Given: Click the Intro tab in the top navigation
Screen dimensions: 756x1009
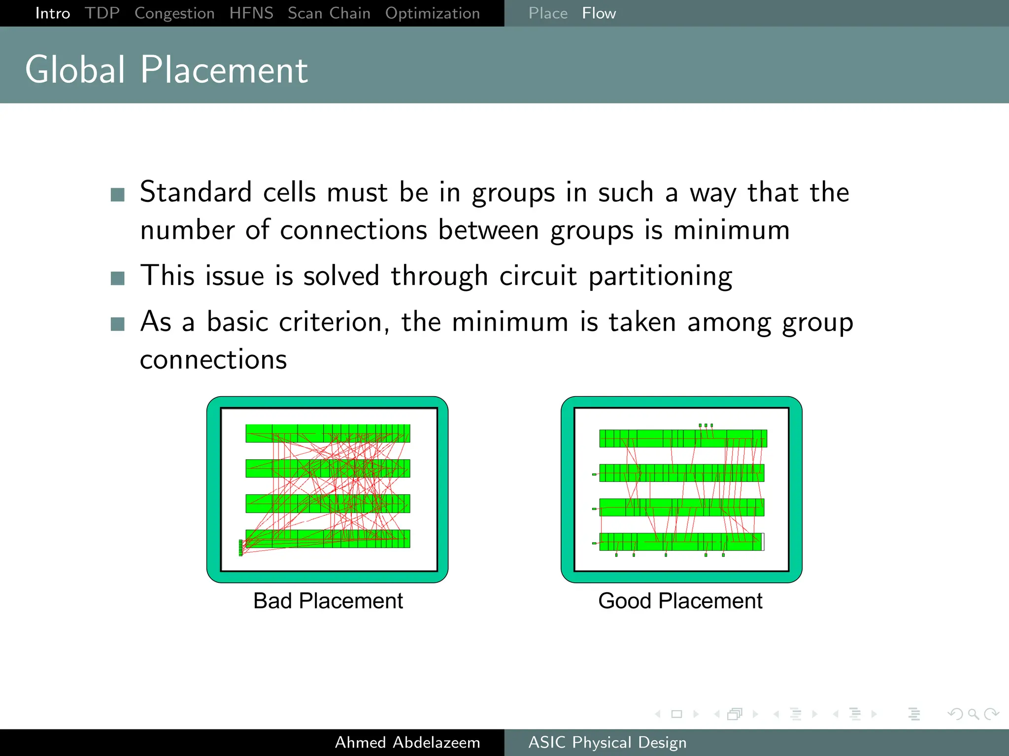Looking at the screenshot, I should (53, 13).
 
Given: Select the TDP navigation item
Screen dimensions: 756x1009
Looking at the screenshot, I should (102, 13).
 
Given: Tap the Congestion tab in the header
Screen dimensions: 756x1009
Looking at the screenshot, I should (174, 13).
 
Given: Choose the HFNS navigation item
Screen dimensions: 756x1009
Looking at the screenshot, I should (251, 13).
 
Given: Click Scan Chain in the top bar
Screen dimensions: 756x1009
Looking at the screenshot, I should (329, 13).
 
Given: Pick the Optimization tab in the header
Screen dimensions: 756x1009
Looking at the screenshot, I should (433, 13).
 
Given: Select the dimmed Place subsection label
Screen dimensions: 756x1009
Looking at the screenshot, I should (548, 13).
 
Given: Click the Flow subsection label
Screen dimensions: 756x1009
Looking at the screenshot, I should (599, 13).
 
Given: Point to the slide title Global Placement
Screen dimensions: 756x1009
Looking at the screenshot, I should (167, 70).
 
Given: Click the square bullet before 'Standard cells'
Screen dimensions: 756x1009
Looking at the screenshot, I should (118, 195).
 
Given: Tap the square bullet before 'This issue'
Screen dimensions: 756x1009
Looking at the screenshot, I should (118, 279).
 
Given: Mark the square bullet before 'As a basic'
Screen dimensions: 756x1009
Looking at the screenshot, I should (118, 324).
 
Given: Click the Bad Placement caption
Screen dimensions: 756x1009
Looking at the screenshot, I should (328, 601).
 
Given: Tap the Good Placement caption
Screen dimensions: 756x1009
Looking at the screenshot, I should (680, 601).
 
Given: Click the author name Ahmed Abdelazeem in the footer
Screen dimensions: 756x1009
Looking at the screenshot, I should (407, 742).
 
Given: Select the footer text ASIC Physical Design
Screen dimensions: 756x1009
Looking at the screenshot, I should (607, 742).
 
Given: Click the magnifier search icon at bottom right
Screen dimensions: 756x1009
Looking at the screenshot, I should (973, 714).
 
